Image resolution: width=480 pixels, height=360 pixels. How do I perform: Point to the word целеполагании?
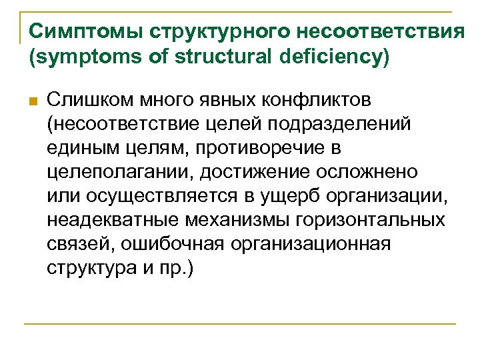pyautogui.click(x=121, y=171)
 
